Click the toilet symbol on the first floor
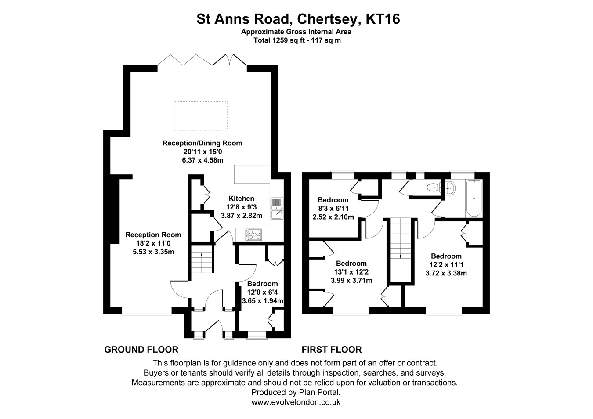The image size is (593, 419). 434,188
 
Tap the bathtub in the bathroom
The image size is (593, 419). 474,198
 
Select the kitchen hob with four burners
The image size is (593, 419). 253,235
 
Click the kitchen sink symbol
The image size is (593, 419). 277,209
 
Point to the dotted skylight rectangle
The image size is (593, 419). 200,116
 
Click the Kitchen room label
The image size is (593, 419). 242,199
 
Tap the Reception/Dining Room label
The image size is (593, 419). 202,143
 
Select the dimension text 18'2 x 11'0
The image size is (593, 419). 153,243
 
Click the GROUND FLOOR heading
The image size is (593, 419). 141,350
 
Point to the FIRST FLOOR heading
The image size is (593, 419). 332,350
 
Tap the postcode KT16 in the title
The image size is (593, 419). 383,19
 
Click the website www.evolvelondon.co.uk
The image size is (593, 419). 296,402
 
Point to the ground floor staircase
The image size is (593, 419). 202,262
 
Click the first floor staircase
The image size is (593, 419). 400,249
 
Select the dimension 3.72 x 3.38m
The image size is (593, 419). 446,273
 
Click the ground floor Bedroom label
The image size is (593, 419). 262,284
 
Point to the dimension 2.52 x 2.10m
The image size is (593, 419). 333,217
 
